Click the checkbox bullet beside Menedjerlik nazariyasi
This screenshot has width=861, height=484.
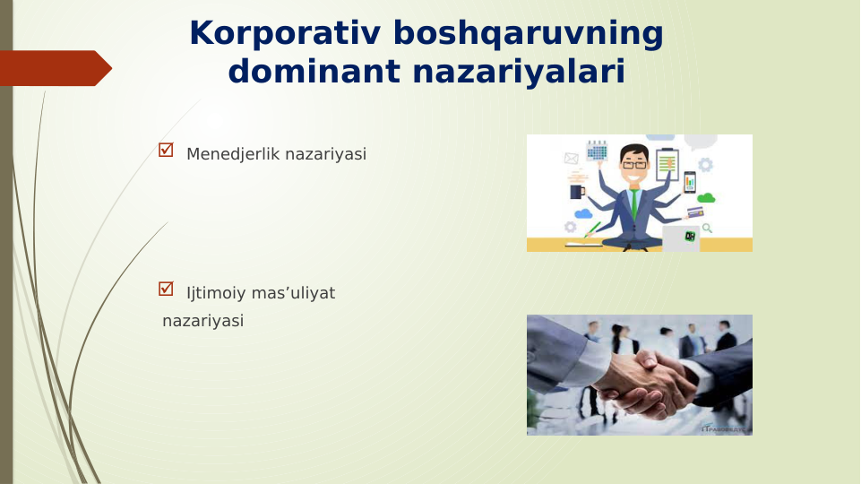(x=166, y=151)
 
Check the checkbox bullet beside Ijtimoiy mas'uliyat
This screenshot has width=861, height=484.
(x=166, y=290)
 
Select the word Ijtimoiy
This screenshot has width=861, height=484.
(x=215, y=293)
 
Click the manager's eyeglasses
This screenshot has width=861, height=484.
(x=634, y=165)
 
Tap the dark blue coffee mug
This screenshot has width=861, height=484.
(x=577, y=191)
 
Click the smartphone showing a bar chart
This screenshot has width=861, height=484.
(x=689, y=182)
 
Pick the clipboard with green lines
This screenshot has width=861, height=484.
(x=667, y=164)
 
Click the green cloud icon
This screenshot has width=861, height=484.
(x=706, y=197)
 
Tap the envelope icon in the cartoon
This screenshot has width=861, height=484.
(x=571, y=159)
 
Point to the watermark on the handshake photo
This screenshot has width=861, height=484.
(x=724, y=428)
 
